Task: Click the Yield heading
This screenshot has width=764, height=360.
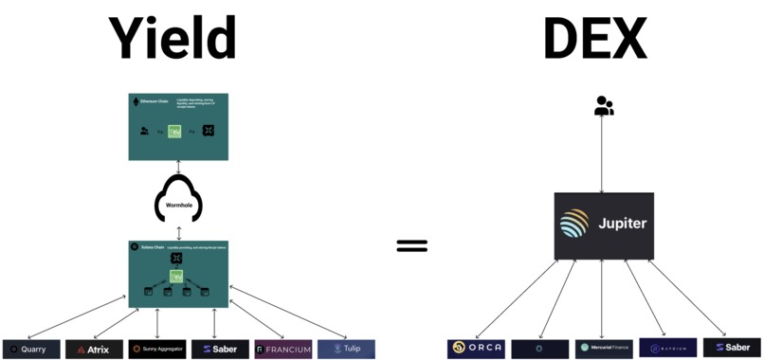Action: [171, 40]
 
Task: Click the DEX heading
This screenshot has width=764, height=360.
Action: [593, 40]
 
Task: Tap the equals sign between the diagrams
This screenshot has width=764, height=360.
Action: [411, 246]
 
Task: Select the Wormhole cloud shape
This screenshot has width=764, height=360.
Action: [178, 200]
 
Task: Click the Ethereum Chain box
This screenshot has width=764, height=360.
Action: [178, 126]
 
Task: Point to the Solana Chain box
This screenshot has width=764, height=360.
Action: [178, 274]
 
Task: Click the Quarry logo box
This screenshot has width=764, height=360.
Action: [32, 349]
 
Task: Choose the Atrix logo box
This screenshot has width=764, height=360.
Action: [94, 349]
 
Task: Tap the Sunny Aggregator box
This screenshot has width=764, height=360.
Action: [157, 349]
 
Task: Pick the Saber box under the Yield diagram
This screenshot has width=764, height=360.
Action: [220, 349]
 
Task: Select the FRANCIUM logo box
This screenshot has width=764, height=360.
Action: [282, 349]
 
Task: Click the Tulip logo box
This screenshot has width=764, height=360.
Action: [346, 349]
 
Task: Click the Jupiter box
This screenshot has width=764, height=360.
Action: [604, 225]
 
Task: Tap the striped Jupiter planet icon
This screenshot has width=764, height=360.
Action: [574, 225]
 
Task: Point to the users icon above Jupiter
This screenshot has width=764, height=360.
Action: [604, 106]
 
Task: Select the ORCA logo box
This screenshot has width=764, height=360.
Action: [476, 348]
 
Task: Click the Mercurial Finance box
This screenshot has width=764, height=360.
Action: [604, 348]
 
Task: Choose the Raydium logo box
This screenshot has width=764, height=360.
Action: [667, 348]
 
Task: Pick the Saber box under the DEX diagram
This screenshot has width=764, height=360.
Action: [732, 348]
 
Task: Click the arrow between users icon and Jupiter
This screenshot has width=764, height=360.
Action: [604, 156]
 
